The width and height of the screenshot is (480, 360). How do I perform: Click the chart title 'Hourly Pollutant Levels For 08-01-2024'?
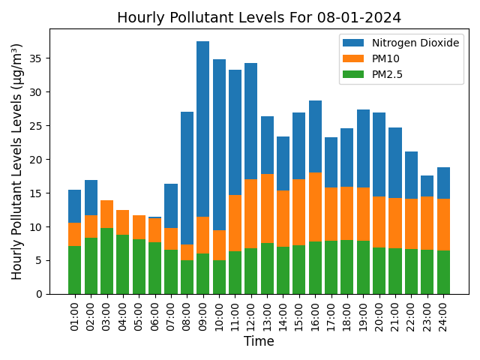(259, 17)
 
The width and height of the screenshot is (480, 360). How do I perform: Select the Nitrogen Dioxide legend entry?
(400, 43)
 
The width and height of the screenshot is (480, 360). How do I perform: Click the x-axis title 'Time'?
(259, 342)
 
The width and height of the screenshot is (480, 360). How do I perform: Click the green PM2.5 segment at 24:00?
(443, 272)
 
